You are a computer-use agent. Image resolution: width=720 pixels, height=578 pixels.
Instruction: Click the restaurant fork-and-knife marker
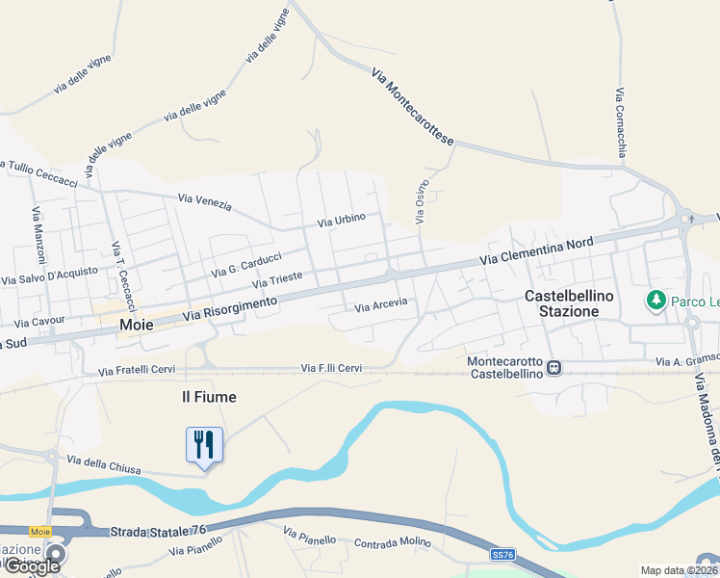click(x=204, y=444)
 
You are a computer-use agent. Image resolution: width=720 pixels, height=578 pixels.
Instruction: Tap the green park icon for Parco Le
click(x=657, y=301)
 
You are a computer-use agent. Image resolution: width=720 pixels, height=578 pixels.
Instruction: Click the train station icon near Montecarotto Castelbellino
click(x=554, y=367)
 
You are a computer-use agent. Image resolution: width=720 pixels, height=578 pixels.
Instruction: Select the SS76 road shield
click(x=502, y=555)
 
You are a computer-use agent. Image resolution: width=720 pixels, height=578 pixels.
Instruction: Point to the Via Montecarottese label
click(x=411, y=106)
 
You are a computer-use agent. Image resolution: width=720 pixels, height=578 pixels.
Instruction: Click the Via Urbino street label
click(x=342, y=221)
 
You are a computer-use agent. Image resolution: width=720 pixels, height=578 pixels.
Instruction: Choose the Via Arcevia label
click(x=381, y=306)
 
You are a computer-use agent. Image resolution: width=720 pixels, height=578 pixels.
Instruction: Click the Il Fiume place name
click(x=209, y=396)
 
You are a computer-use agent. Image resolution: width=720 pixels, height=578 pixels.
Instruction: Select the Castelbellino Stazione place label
click(x=569, y=303)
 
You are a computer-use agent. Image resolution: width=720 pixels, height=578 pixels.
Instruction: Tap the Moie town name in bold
click(x=136, y=326)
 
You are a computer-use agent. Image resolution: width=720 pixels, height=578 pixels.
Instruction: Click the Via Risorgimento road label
click(x=229, y=309)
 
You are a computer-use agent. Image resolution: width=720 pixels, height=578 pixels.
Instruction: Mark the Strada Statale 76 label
click(x=158, y=531)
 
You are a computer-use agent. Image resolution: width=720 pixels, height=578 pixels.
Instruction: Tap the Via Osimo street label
click(x=421, y=203)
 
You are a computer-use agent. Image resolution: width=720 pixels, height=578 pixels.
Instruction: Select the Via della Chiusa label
click(x=100, y=465)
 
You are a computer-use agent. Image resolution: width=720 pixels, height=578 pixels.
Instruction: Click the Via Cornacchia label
click(x=621, y=122)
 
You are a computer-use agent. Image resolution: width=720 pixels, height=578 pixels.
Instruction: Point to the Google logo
click(x=32, y=565)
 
